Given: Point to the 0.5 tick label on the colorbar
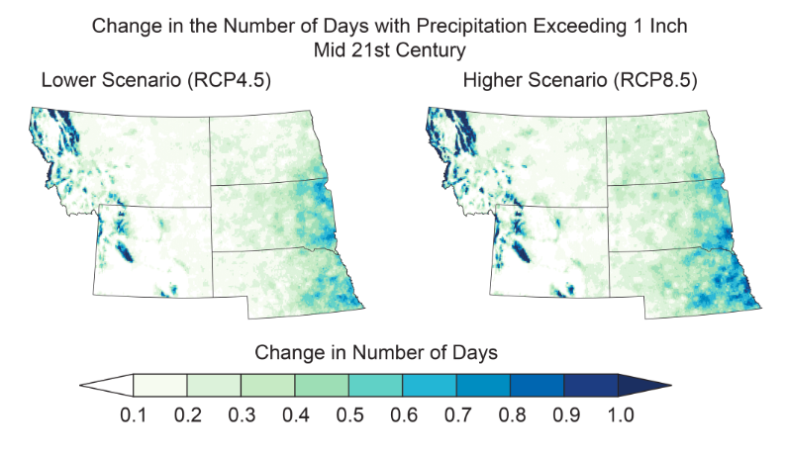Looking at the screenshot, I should click(x=348, y=413).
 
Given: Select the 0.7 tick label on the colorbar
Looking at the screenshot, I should click(x=456, y=413).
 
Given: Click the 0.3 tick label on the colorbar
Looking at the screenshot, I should click(x=241, y=413).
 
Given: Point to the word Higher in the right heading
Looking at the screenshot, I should click(x=492, y=82).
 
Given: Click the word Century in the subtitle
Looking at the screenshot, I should click(x=442, y=45).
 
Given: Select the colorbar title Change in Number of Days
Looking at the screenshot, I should click(x=375, y=352).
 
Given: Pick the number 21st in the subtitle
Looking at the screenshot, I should click(x=386, y=45).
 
